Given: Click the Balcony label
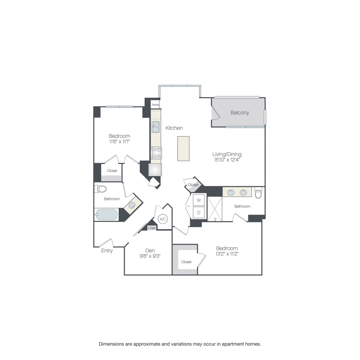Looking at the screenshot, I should point(240,112).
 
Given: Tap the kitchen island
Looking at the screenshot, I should point(183,148).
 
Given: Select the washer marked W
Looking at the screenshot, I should point(199,200).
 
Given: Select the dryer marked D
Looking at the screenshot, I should point(199,212).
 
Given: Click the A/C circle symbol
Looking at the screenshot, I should point(163,219).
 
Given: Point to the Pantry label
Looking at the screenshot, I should point(156,105).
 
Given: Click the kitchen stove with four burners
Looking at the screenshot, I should point(156,153).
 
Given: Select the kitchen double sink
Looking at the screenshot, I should point(156,127).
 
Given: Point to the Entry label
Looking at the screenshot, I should point(107,251).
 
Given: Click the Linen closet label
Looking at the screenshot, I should point(152,228).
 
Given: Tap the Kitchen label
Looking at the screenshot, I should point(174,128).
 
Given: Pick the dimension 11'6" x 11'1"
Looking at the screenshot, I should point(120,142).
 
